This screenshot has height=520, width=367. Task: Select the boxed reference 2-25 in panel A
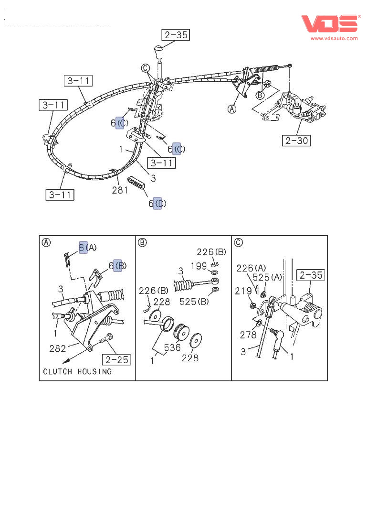point(116,359)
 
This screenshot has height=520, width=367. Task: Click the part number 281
point(120,190)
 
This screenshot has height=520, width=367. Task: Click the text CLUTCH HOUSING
point(77,371)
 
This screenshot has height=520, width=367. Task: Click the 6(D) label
point(157,204)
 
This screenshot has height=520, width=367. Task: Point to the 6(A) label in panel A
point(88,247)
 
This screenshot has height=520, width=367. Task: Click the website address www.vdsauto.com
point(335,38)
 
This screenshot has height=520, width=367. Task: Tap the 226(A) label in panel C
point(252,269)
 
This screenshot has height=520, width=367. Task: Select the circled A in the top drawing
point(232,109)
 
